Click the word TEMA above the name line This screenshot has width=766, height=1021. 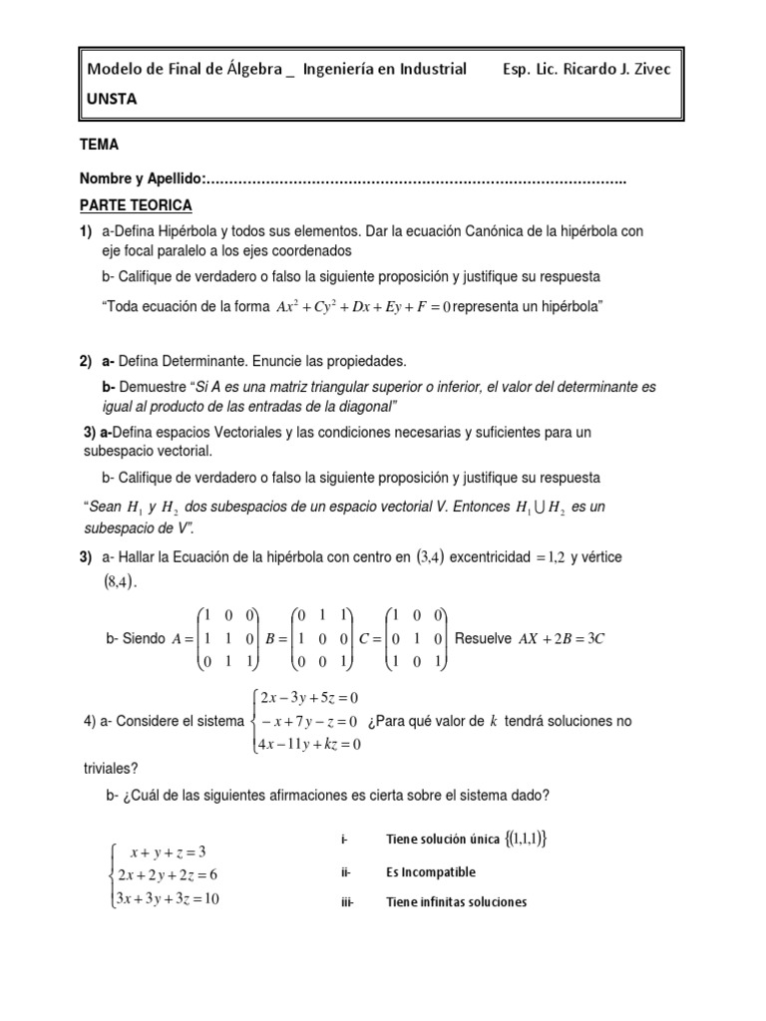[x=99, y=145]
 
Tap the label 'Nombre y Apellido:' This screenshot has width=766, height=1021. [x=142, y=178]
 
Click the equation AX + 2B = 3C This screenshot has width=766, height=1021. [x=561, y=638]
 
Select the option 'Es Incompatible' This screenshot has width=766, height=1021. [x=430, y=872]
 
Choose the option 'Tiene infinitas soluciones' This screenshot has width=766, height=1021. [x=456, y=903]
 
